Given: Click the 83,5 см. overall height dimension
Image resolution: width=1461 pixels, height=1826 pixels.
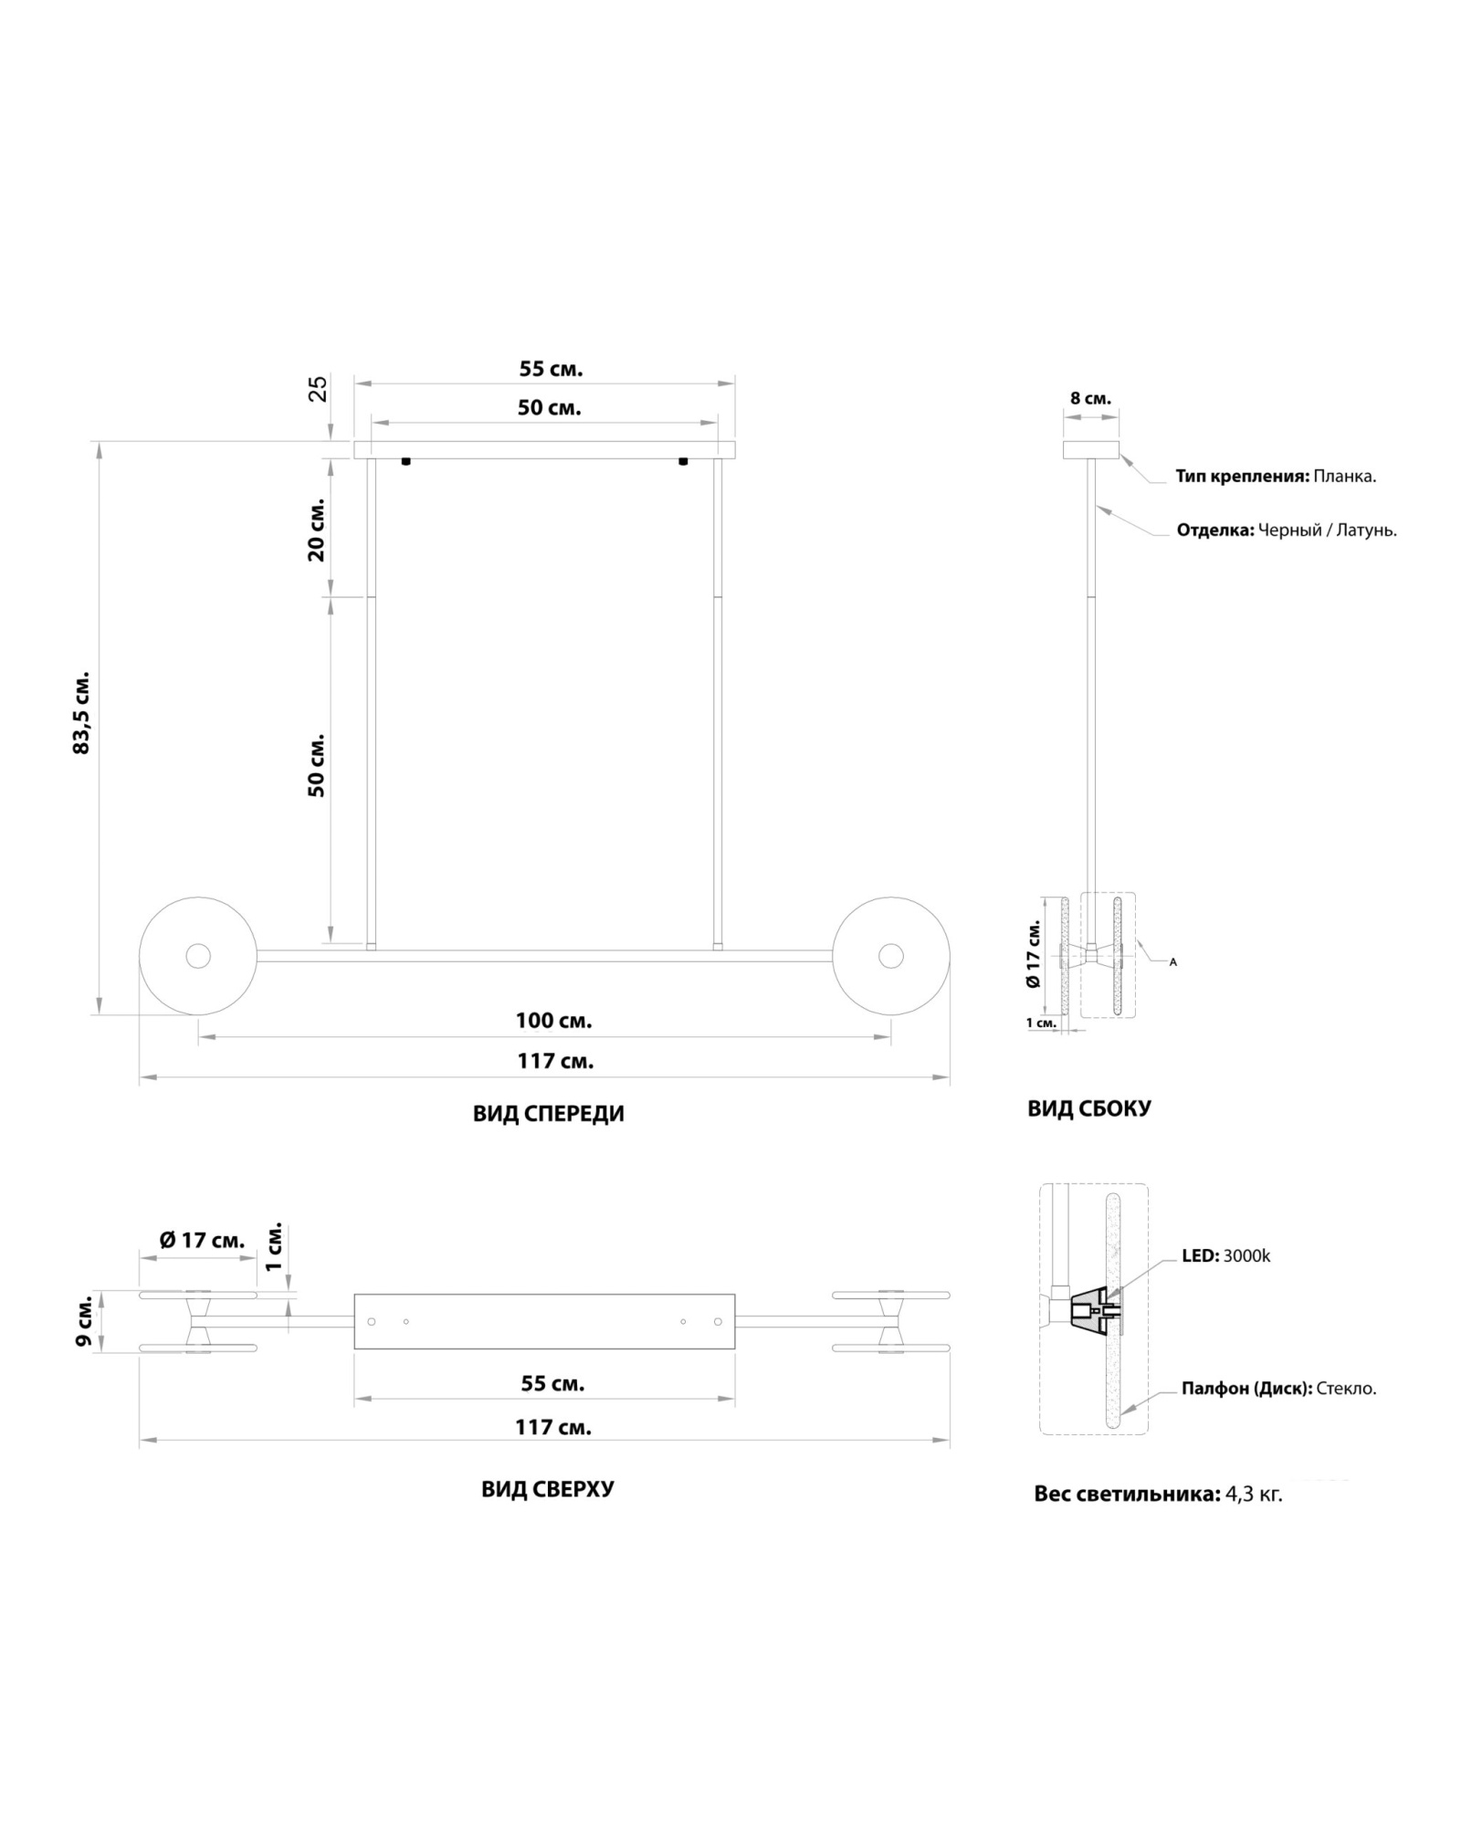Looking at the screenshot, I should coord(82,714).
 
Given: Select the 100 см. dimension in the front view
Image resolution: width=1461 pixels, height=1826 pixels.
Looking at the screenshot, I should coord(553,1021).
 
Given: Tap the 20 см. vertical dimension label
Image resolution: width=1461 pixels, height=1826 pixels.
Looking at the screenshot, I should coord(317,530).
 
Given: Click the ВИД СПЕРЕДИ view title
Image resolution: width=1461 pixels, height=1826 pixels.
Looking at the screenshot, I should coord(548,1114).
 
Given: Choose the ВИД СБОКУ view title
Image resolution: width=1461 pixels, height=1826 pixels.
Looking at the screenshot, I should coord(1089,1108).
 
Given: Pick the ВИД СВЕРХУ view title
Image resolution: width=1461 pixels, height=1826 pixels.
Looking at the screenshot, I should coord(548,1489).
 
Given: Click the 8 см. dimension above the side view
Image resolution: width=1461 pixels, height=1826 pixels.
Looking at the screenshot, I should coord(1090,399).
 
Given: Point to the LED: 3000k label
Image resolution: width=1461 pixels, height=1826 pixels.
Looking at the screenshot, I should coord(1225,1256).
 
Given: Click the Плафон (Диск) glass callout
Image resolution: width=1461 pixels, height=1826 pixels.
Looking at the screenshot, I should coord(1278,1389).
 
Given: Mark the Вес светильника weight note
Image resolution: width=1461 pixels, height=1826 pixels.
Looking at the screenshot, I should coord(1158,1495).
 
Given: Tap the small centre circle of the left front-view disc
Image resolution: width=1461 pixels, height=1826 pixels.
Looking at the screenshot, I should coord(198,956).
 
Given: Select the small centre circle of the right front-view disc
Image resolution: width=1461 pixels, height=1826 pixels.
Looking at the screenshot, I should coord(890,956).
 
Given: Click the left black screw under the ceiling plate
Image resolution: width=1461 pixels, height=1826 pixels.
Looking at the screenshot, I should coord(405,462).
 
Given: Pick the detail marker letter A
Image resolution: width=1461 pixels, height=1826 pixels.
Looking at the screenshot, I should coord(1173,962).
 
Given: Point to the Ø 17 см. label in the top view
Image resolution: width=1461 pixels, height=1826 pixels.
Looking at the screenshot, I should coord(202,1241).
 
